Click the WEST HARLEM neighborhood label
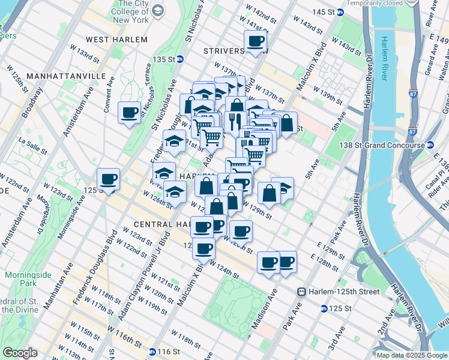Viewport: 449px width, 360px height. tap(116, 40)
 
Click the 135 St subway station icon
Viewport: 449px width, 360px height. tap(179, 59)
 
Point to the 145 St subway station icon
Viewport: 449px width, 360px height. tap(340, 12)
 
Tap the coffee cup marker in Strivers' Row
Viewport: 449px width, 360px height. tap(256, 41)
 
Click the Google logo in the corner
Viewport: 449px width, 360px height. tap(20, 353)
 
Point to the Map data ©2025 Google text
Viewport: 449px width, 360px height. tap(412, 355)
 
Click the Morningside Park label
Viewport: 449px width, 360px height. tap(21, 279)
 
